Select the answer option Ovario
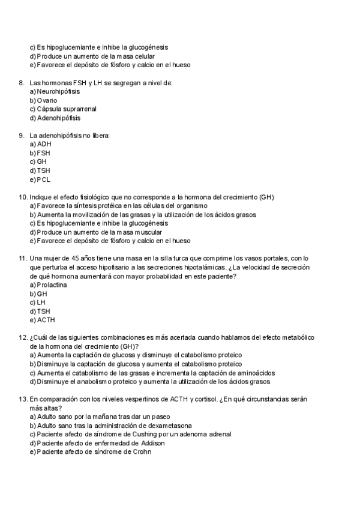[47, 100]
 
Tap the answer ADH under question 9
[44, 145]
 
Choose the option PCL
[44, 179]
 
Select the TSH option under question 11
[43, 312]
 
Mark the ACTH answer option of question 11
[46, 320]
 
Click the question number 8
[22, 83]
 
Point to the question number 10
[23, 197]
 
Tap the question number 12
[23, 338]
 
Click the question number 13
[23, 399]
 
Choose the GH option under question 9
[42, 162]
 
